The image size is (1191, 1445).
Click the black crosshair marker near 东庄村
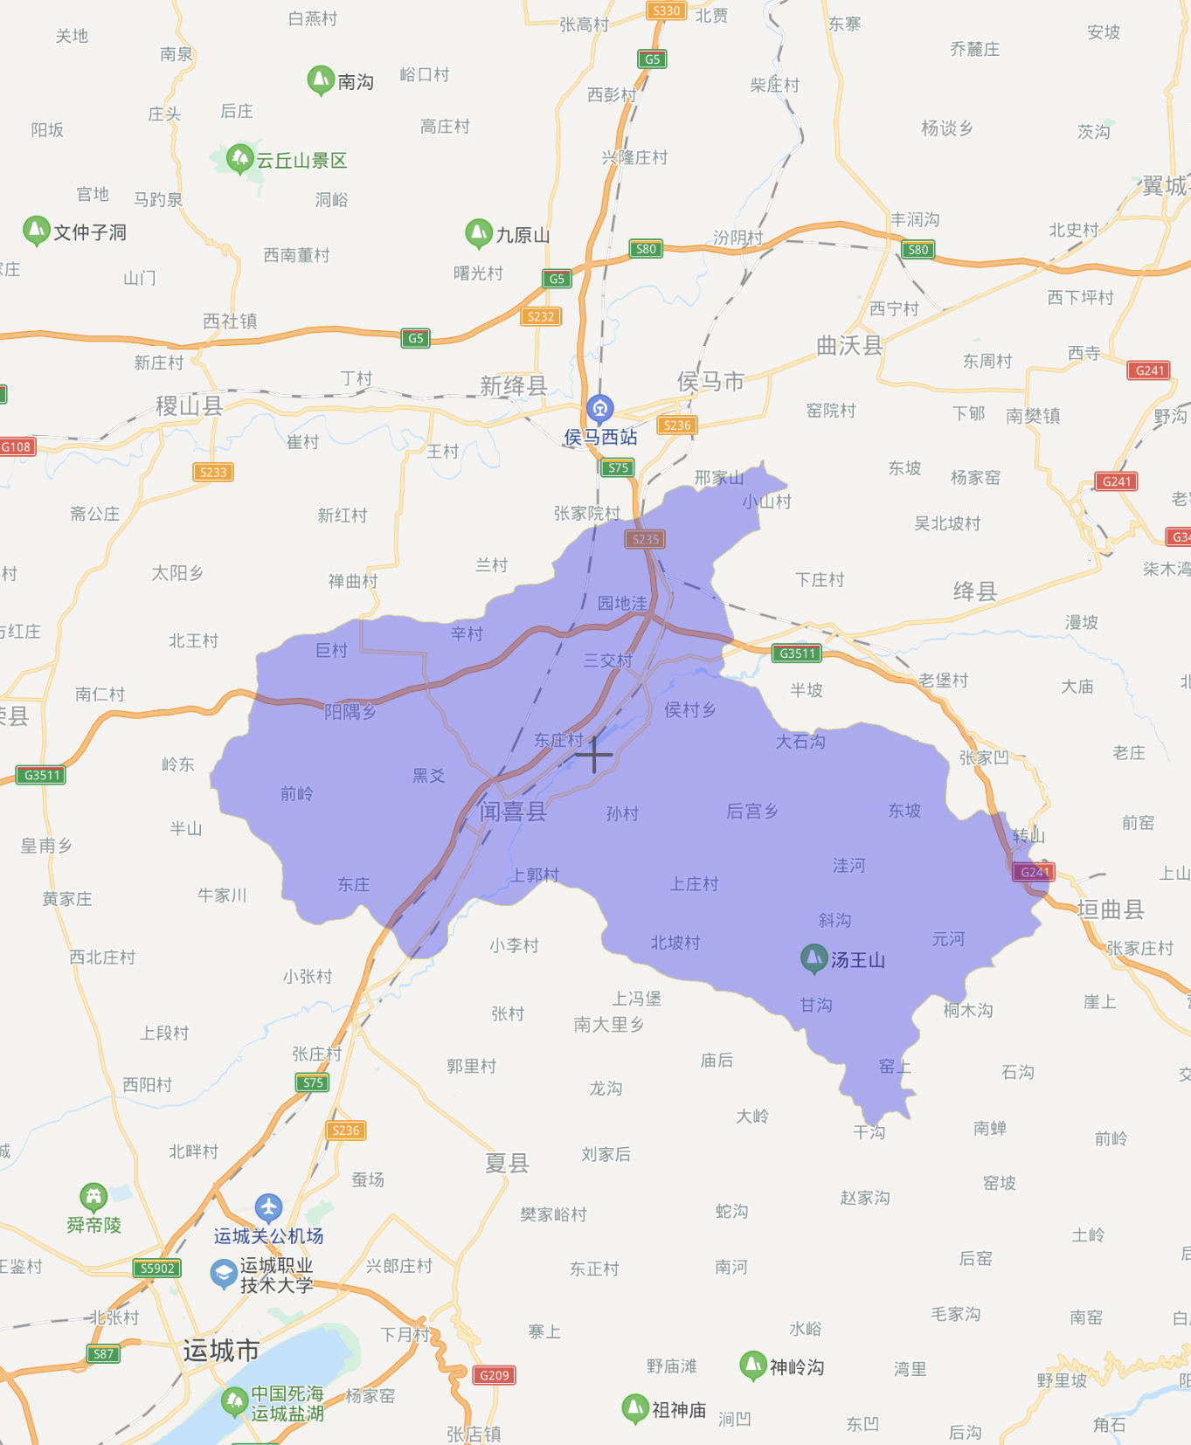594,755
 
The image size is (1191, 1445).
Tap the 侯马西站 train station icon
599,407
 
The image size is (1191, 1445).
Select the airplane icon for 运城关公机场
269,1207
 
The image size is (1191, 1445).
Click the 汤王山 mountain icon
814,958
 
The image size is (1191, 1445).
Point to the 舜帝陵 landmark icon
93,1196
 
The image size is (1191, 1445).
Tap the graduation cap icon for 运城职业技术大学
224,1273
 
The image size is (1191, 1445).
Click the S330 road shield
666,10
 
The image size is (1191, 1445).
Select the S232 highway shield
540,317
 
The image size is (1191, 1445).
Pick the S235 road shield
645,539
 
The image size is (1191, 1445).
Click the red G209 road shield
495,1375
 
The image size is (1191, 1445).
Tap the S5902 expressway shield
157,1269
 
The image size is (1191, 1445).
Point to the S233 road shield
213,473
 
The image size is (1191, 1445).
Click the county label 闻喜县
513,812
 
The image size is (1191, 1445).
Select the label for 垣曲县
1111,909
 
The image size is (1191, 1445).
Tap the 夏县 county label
507,1163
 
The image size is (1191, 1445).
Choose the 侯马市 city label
710,381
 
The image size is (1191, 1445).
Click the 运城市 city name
221,1351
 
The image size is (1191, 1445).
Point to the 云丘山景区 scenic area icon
239,158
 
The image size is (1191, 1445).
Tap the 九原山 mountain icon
478,232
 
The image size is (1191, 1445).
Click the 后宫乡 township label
752,811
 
